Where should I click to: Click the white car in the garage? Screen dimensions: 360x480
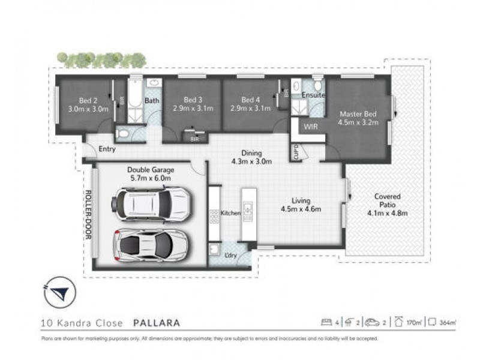pyautogui.click(x=151, y=244)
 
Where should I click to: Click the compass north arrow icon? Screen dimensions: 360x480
pyautogui.click(x=58, y=292)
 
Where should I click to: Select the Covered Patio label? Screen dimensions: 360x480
pyautogui.click(x=387, y=200)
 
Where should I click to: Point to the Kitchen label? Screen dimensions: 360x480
pyautogui.click(x=230, y=213)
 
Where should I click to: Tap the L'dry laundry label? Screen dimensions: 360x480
pyautogui.click(x=229, y=255)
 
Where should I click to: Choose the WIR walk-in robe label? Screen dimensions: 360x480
pyautogui.click(x=310, y=127)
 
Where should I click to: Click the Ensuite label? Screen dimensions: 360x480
pyautogui.click(x=313, y=95)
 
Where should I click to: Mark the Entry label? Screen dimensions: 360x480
pyautogui.click(x=107, y=149)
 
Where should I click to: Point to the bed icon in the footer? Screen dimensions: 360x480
pyautogui.click(x=327, y=323)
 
